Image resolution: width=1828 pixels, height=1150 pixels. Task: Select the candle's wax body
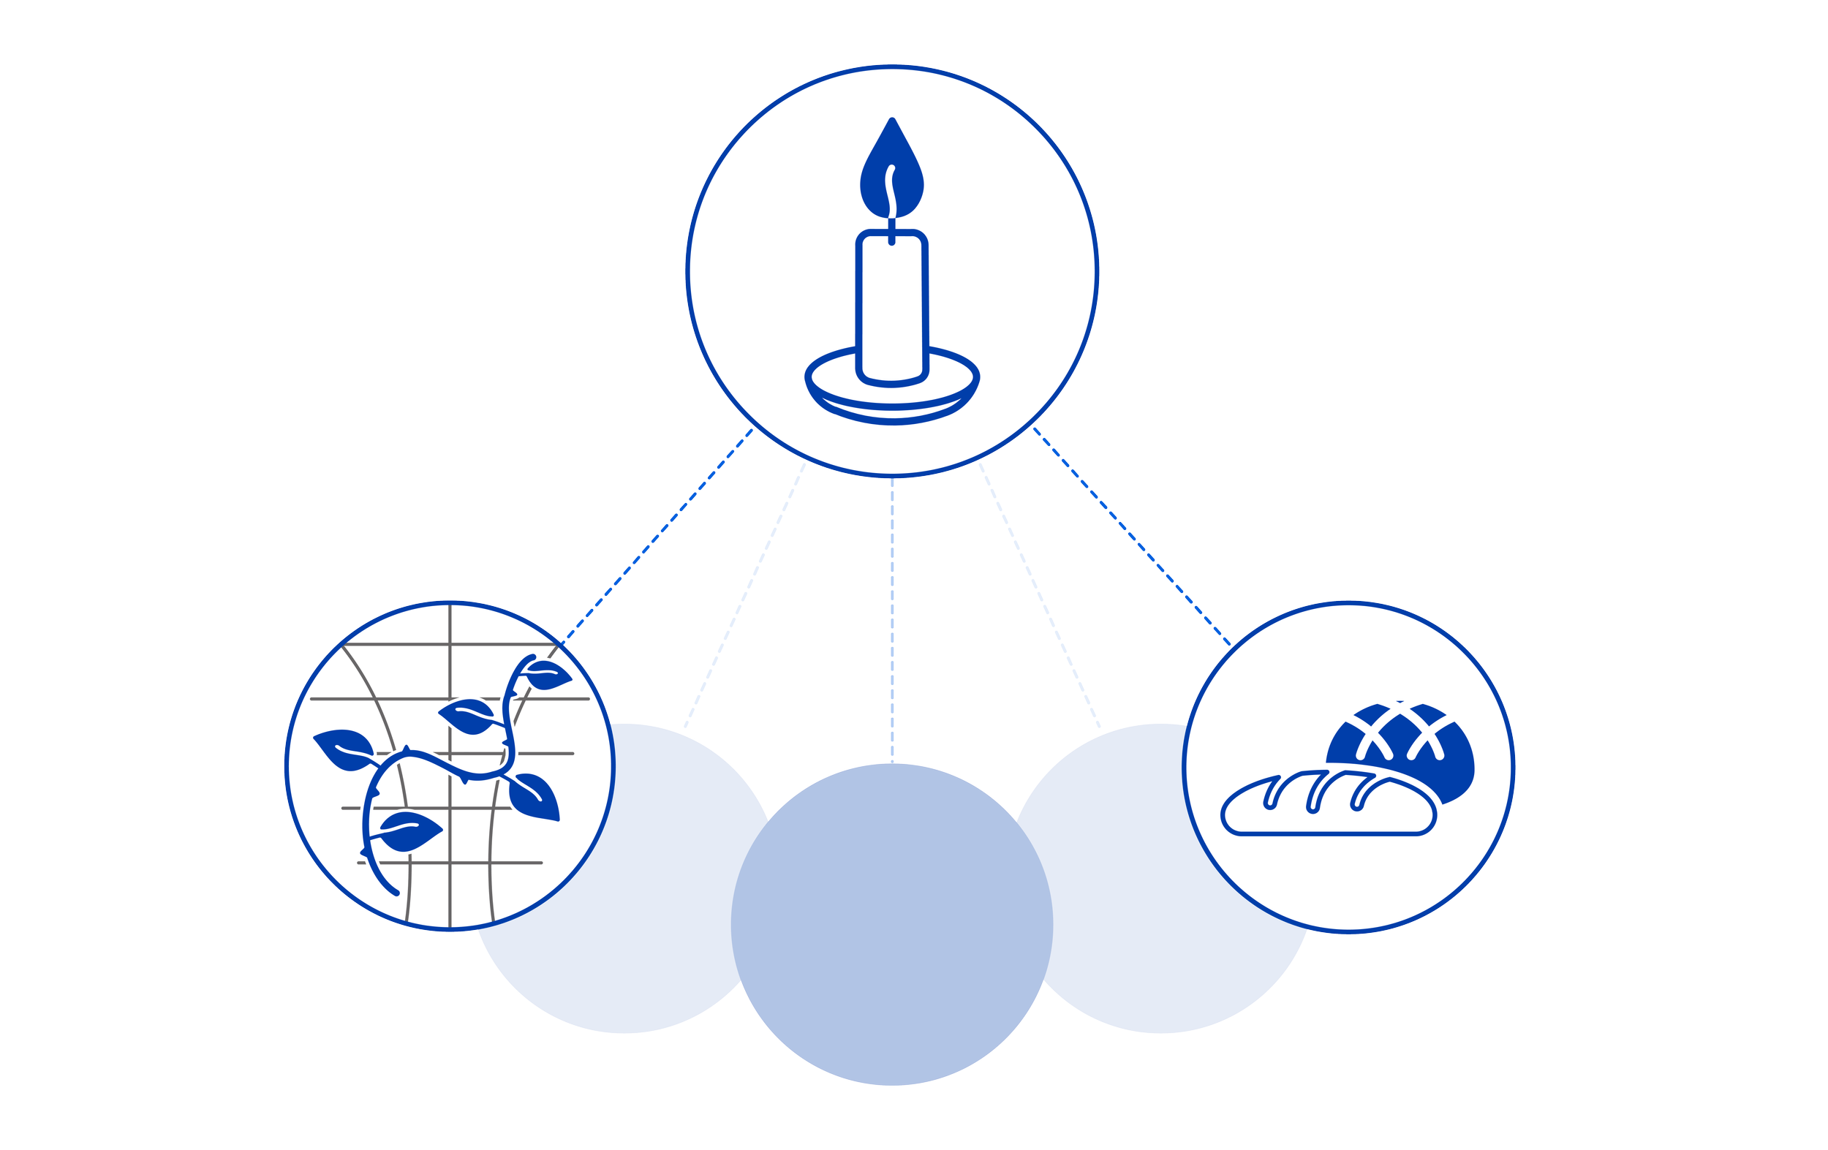pos(892,303)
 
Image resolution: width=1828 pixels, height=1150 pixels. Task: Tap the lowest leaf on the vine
pos(410,831)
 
